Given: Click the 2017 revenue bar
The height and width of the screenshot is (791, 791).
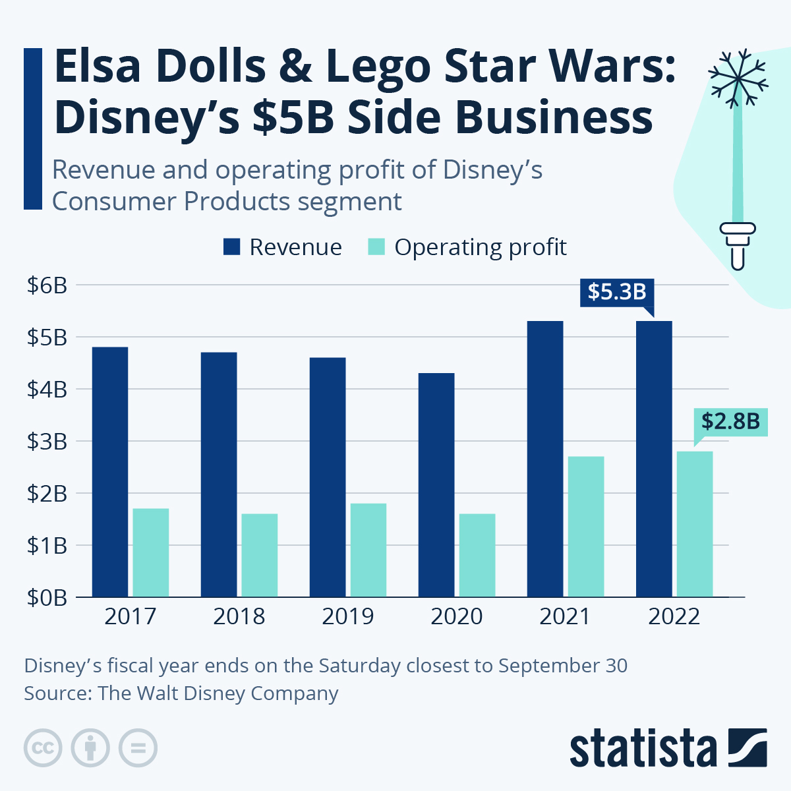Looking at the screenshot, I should pyautogui.click(x=110, y=471).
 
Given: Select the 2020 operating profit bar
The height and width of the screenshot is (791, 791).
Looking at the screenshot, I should pyautogui.click(x=477, y=555).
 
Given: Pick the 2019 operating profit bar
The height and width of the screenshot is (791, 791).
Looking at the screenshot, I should pyautogui.click(x=368, y=550).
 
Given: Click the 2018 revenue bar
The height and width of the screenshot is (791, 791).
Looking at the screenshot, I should pyautogui.click(x=219, y=474).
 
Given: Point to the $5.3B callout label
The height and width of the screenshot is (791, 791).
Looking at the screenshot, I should pyautogui.click(x=617, y=291).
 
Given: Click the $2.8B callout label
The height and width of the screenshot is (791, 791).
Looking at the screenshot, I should pyautogui.click(x=730, y=421).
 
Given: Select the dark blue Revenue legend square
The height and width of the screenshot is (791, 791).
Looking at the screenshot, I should pyautogui.click(x=232, y=247).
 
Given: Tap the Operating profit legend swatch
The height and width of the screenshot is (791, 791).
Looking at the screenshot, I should pyautogui.click(x=376, y=247).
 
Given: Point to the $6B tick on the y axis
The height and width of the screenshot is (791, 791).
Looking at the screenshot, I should pyautogui.click(x=47, y=285).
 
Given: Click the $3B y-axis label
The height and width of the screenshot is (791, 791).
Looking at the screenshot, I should pyautogui.click(x=47, y=442).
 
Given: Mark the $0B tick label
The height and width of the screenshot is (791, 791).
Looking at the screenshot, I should pyautogui.click(x=47, y=597).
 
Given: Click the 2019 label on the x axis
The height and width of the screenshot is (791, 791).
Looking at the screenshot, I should pyautogui.click(x=347, y=616).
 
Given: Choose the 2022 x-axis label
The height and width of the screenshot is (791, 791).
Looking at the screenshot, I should pyautogui.click(x=674, y=616).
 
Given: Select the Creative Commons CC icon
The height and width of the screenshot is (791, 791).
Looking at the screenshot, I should pyautogui.click(x=43, y=748).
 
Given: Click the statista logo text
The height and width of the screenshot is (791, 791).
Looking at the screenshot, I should pyautogui.click(x=643, y=749).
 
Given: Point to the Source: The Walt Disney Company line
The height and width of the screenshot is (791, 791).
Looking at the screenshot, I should pyautogui.click(x=181, y=693).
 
